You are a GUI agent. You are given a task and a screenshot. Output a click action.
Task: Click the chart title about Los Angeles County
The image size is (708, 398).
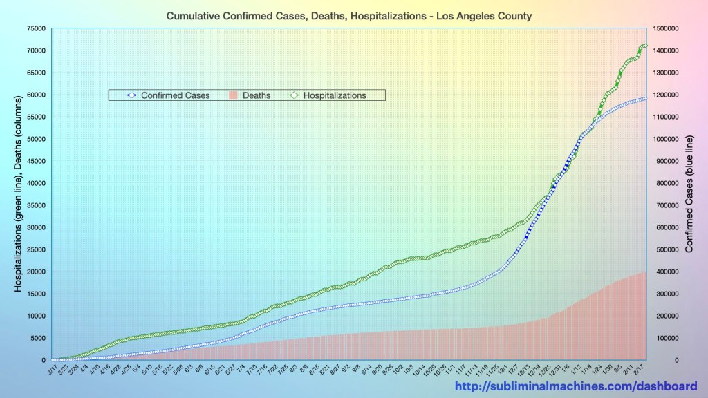click(x=349, y=15)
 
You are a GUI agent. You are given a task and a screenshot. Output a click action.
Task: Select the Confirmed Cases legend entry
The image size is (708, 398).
click(x=175, y=95)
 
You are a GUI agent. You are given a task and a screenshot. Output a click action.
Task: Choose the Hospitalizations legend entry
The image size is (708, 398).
click(x=334, y=95)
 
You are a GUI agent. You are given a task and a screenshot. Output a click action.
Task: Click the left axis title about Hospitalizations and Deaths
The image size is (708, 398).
click(x=19, y=193)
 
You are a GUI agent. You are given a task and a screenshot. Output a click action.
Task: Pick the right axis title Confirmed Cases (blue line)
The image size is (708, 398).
click(x=689, y=193)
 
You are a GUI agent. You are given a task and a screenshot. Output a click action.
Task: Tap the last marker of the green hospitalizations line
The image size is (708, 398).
click(x=645, y=46)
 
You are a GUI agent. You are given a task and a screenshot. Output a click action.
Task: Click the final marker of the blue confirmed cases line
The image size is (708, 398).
click(x=645, y=99)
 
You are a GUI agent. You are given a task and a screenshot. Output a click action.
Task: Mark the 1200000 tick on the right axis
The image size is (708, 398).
click(x=665, y=95)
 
